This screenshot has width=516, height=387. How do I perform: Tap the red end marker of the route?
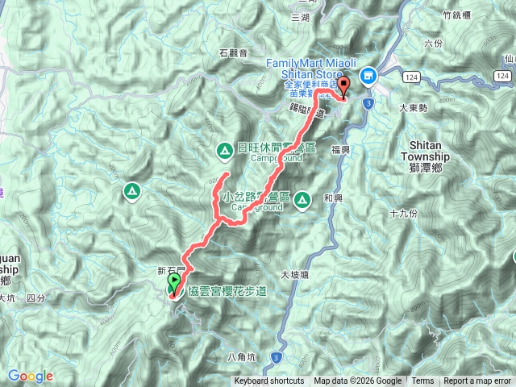pos(344,86)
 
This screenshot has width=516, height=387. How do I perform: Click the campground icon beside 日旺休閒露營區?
pos(223,149)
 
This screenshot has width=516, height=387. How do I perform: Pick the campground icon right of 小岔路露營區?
pos(303,198)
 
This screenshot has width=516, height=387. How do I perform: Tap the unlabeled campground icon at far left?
pos(129,191)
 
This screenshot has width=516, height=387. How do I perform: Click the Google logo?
pos(30,376)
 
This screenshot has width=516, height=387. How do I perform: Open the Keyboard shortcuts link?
pos(269,381)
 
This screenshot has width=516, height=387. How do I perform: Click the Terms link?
pos(422,381)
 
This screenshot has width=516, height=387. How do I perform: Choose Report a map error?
pos(477,381)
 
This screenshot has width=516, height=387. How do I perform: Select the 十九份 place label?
pos(402,214)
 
